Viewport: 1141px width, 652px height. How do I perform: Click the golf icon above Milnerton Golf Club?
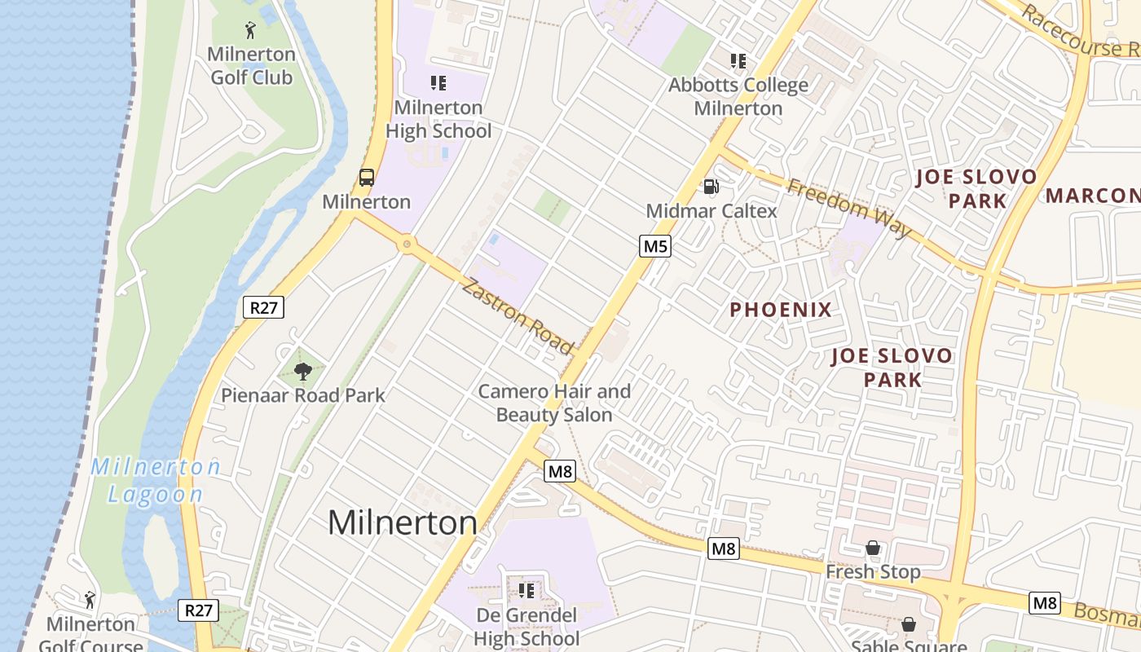coord(250,31)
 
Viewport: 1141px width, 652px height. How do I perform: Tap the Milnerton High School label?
coord(438,119)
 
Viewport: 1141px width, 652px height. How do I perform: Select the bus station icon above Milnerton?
coord(367,177)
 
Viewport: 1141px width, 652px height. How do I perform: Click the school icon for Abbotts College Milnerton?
coord(738,61)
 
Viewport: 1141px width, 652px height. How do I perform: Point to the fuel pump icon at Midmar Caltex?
coord(711,187)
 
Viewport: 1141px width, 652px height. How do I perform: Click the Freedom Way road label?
coord(849,208)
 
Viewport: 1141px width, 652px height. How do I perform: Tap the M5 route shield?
coord(655,246)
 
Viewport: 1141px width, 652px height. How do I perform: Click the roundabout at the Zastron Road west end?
coord(407,244)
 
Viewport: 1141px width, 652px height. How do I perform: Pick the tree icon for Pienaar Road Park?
coord(303,372)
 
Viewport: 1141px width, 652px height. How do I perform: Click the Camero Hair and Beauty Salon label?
coord(554,403)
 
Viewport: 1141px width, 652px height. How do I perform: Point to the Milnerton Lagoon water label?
coord(156,480)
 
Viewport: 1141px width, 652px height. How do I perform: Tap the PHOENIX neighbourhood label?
coord(780,310)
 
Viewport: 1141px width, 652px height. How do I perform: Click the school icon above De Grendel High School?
coord(526,590)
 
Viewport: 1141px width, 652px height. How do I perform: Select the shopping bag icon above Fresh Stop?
coord(873,548)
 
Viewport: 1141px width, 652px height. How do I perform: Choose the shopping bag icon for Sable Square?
coord(909,624)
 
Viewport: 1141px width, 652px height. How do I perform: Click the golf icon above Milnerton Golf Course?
coord(90,600)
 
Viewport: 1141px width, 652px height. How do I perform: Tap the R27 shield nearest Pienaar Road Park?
coord(262,307)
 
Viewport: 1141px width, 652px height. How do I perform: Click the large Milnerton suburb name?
coord(402,522)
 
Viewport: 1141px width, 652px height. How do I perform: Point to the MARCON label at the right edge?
coord(1092,196)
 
